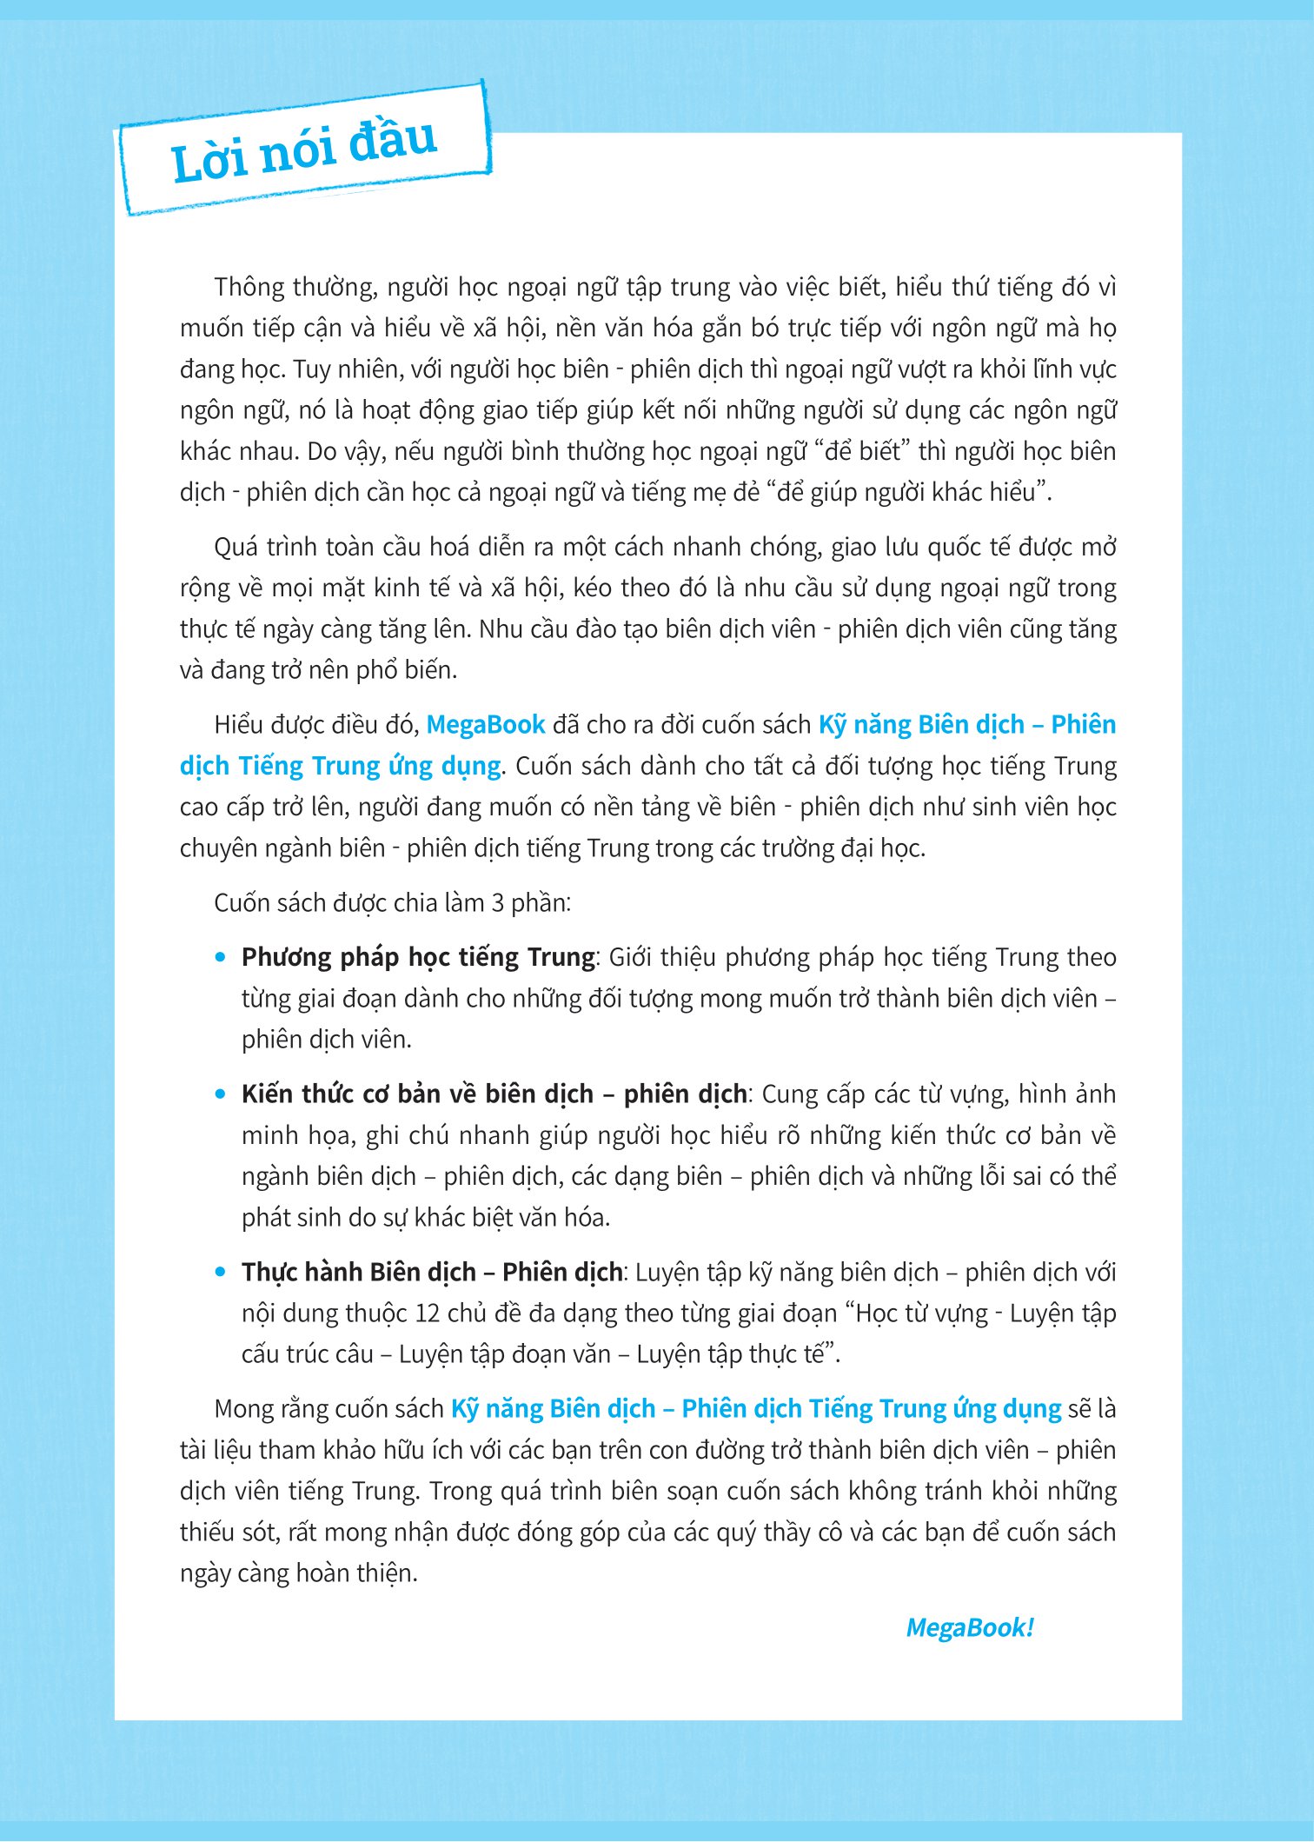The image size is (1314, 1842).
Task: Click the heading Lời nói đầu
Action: [303, 150]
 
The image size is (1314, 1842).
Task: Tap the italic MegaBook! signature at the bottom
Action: [969, 1627]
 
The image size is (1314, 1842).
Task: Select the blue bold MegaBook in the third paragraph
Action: [485, 724]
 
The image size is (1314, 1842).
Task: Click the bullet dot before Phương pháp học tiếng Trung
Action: [221, 957]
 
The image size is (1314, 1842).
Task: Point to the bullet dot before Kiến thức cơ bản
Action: [221, 1094]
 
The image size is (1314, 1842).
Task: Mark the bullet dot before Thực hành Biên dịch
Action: [221, 1272]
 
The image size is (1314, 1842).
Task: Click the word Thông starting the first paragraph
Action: [249, 287]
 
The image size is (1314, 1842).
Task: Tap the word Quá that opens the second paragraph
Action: [235, 547]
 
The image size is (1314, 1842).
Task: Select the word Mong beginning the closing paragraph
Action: [242, 1408]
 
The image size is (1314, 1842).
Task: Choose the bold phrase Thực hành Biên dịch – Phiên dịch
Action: [431, 1272]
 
